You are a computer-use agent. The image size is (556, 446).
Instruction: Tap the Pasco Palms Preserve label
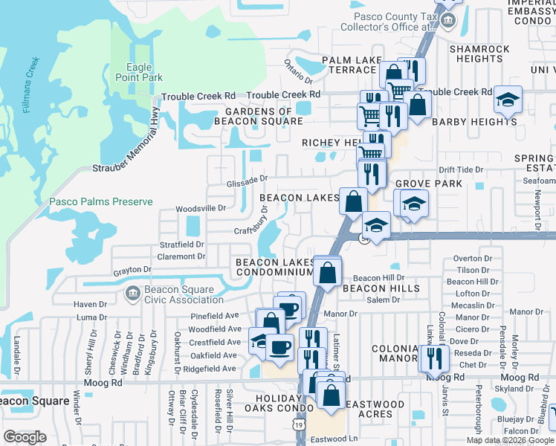point(100,201)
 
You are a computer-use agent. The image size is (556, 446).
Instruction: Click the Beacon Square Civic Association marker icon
point(132,294)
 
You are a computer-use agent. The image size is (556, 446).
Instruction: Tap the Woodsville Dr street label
point(200,209)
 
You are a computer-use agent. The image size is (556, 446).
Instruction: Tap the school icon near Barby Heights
point(508,100)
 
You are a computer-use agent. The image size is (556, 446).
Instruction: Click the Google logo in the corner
point(25,436)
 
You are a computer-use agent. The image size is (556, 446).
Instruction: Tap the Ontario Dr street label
point(299,71)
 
